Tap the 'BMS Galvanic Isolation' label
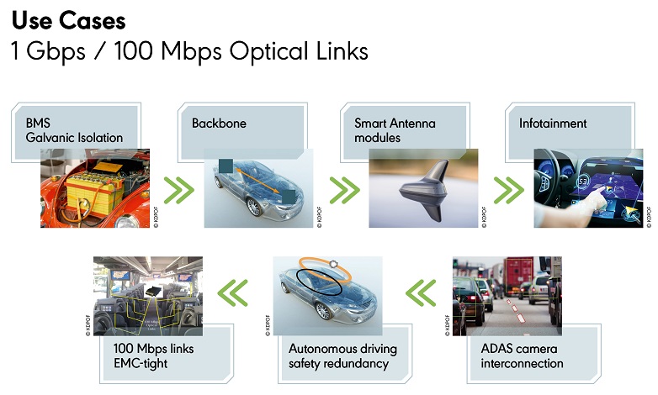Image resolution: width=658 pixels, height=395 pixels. point(73,130)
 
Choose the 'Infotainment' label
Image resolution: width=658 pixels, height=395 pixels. point(553,124)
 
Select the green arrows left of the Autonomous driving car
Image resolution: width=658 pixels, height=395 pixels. point(232,293)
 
